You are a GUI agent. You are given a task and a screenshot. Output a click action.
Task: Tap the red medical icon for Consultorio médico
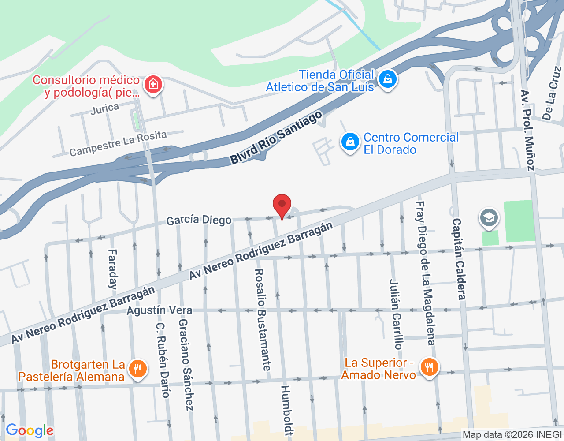pos(153,84)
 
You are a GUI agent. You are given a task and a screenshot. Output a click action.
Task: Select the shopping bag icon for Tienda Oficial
pos(388,79)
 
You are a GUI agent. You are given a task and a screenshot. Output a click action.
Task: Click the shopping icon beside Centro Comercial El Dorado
pos(350,142)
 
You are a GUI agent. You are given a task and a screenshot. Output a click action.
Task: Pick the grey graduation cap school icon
pos(489,218)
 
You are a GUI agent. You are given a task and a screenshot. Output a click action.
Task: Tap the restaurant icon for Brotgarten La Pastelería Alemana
pos(138,369)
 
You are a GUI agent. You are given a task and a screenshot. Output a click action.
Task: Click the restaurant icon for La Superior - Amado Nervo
pos(429,367)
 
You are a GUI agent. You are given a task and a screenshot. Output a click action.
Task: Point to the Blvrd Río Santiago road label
pos(276,138)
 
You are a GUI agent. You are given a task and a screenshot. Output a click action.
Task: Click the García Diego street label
pos(199,220)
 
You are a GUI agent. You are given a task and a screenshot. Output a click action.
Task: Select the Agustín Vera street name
pos(160,310)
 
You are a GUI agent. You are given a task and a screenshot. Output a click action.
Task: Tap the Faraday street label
pos(113,269)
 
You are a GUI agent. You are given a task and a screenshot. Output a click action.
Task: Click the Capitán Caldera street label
pos(459,259)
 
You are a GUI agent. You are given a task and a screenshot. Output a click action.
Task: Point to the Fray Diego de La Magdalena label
pos(426,273)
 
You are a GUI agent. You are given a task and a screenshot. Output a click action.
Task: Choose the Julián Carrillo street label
pos(396,314)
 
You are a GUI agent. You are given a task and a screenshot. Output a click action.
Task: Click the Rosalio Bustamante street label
pos(263,320)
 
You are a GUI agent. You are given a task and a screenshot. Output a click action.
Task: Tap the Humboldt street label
pos(286,410)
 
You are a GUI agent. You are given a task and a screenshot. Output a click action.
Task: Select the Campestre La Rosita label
pos(118,143)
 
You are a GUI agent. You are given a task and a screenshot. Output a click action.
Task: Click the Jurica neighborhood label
pos(105,108)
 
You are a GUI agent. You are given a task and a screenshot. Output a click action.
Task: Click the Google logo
pos(30,430)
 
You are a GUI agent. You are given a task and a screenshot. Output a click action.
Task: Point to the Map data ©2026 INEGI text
pos(512,435)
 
